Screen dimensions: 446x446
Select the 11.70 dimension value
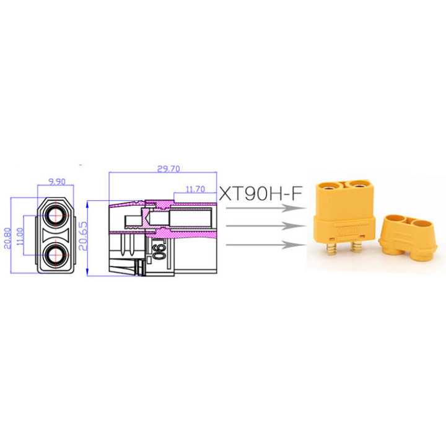(195, 189)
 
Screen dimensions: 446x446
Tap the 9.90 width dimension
(56, 181)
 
